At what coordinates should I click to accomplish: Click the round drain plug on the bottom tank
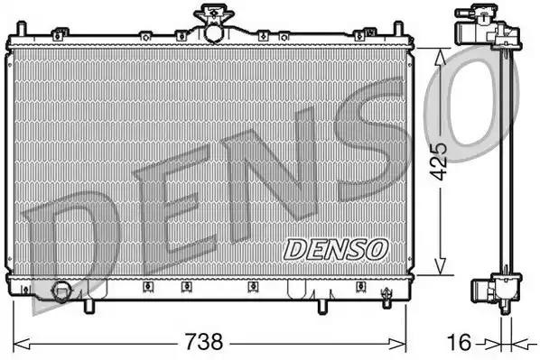(61, 291)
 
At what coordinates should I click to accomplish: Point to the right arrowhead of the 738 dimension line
(409, 344)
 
